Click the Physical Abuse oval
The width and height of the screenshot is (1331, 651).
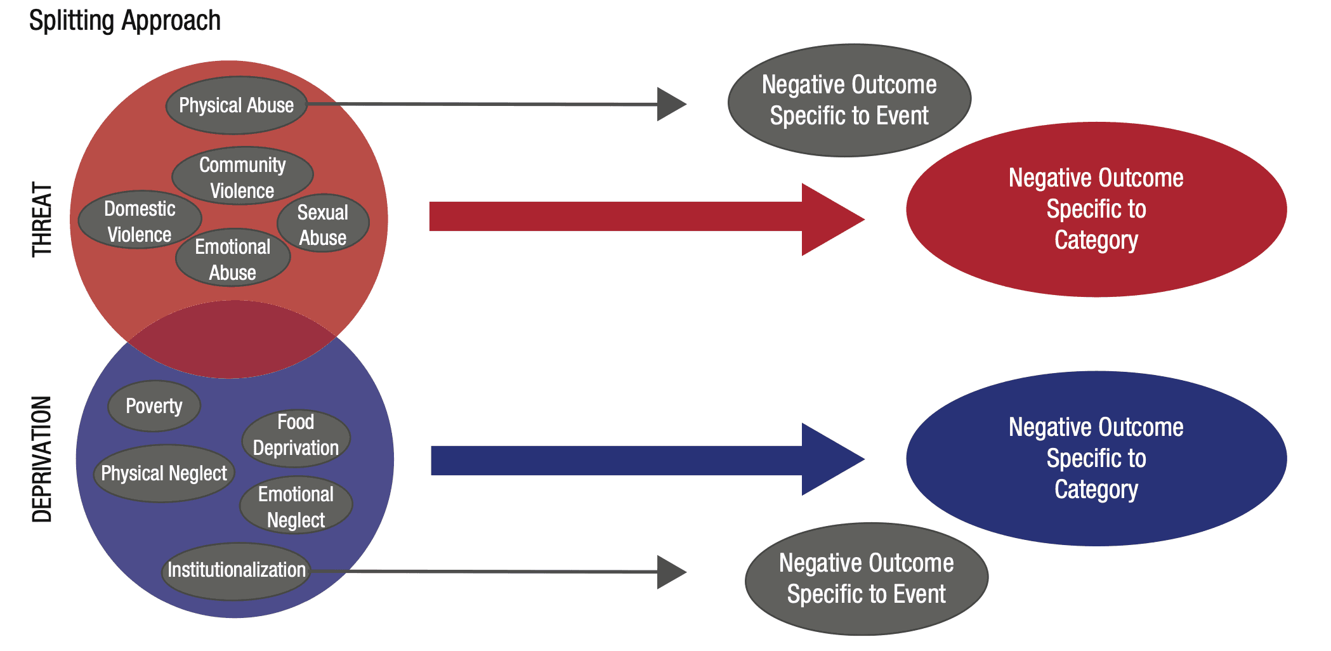pos(236,105)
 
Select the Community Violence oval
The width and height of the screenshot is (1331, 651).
pos(242,176)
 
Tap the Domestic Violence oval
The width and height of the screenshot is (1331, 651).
pos(140,221)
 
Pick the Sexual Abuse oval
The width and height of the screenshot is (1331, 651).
pos(323,224)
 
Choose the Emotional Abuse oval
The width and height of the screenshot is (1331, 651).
pos(233,258)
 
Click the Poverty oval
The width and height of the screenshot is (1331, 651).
pos(154,406)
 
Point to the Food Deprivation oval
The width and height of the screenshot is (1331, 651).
pos(296,435)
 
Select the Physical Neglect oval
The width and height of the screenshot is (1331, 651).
pos(164,473)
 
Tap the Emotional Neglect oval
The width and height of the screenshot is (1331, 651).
pos(296,506)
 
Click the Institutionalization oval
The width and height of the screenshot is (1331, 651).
pos(236,570)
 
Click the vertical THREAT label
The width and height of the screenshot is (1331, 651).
pos(42,220)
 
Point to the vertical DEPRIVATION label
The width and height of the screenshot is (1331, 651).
pos(42,459)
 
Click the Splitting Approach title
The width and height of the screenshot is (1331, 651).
pos(125,21)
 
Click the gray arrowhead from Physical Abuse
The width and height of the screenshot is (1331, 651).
pos(671,104)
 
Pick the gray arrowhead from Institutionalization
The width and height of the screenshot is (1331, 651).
pos(671,572)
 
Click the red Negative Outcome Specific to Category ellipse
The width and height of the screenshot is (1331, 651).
pos(1096,209)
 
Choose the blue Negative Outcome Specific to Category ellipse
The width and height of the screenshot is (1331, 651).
pos(1096,458)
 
